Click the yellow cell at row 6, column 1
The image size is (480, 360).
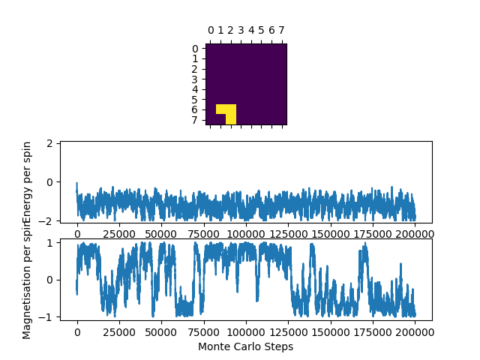(221, 109)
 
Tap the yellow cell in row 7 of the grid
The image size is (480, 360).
(231, 119)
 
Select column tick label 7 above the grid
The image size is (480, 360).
(281, 31)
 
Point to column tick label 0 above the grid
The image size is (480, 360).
(211, 31)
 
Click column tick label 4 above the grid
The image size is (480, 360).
(251, 31)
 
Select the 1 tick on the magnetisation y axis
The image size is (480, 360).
(52, 243)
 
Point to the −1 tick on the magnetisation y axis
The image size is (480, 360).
(49, 316)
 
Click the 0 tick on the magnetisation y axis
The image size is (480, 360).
(52, 280)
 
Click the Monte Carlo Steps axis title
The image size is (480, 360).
(245, 347)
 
